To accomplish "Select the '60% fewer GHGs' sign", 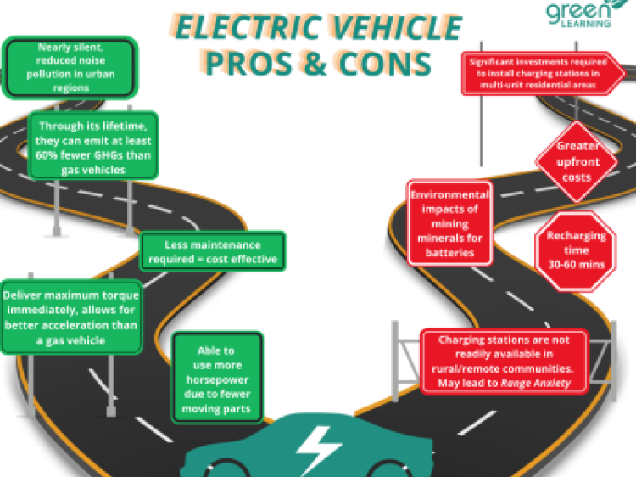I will coord(92,147).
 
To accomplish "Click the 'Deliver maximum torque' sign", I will coord(71,317).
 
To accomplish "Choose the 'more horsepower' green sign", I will coord(217,379).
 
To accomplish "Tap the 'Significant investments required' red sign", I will coord(544,73).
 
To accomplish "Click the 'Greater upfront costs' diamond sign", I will coord(576,161).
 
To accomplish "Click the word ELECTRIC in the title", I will coord(240,28).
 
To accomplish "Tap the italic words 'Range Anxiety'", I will coord(536,384).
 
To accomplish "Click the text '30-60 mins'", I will coord(576,265).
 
